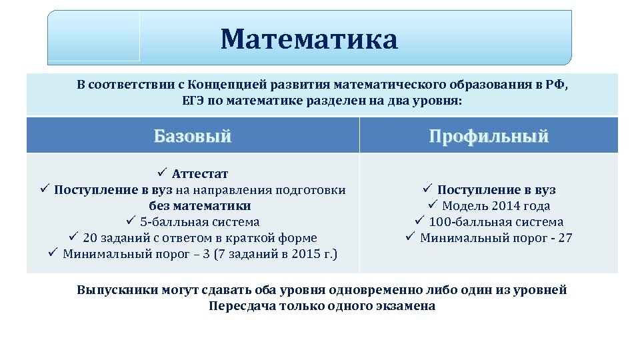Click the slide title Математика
tap(309, 39)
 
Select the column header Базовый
tap(193, 136)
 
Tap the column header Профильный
tap(489, 136)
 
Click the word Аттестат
tap(200, 174)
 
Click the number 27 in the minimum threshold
tap(565, 238)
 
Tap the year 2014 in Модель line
tap(506, 206)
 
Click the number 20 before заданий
tap(91, 238)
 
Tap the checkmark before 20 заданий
tap(73, 237)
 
